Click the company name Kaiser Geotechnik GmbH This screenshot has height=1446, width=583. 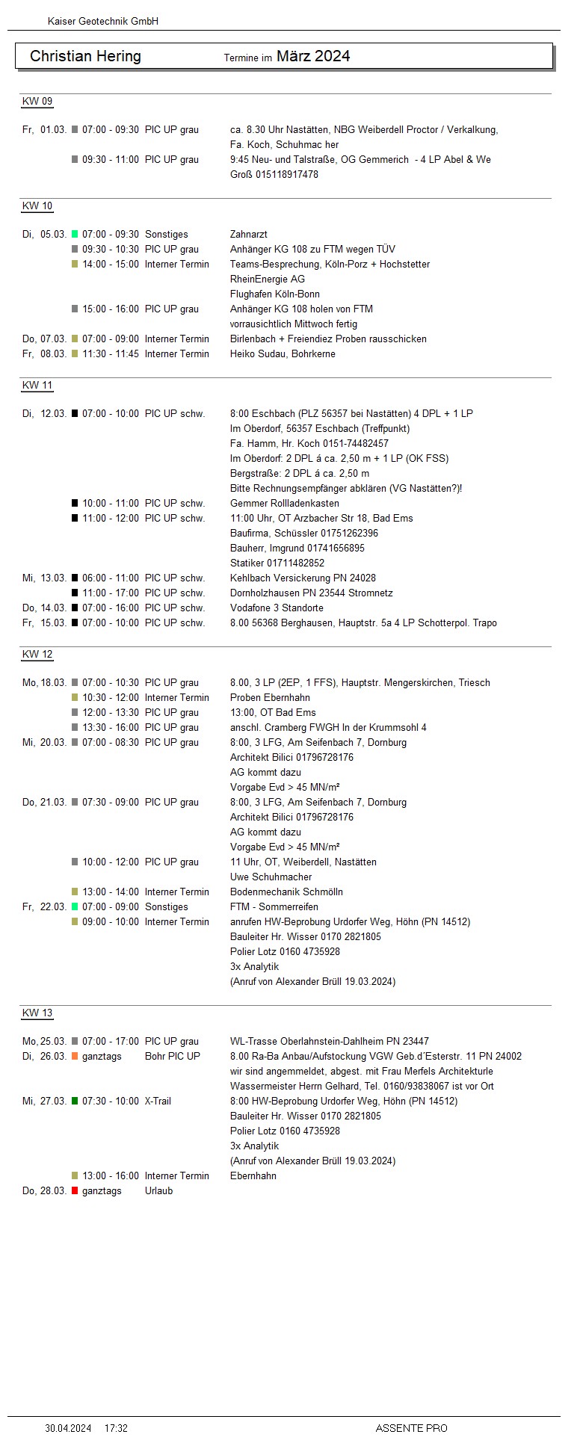tap(102, 22)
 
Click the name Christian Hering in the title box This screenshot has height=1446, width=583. tap(85, 56)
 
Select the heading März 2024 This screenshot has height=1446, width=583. tap(313, 56)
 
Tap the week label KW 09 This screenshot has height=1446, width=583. tap(37, 102)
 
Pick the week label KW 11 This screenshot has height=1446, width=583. tap(37, 386)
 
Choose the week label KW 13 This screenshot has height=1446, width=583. tap(37, 1013)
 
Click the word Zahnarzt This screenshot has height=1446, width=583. tap(248, 235)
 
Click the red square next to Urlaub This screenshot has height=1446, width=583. tap(75, 1191)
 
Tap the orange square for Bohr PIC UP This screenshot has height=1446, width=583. tap(75, 1057)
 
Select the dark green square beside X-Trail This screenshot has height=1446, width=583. tap(75, 1102)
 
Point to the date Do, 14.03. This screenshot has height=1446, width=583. tap(44, 608)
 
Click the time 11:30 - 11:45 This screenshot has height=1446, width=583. tap(110, 354)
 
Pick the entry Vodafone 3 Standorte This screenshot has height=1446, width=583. tap(277, 608)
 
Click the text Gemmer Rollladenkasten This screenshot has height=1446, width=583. tap(284, 504)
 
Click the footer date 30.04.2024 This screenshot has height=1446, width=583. tap(68, 1428)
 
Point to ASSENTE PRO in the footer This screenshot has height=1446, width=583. tap(411, 1428)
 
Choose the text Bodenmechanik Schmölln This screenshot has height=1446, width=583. tap(286, 892)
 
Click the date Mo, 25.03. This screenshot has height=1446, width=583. tap(44, 1042)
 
